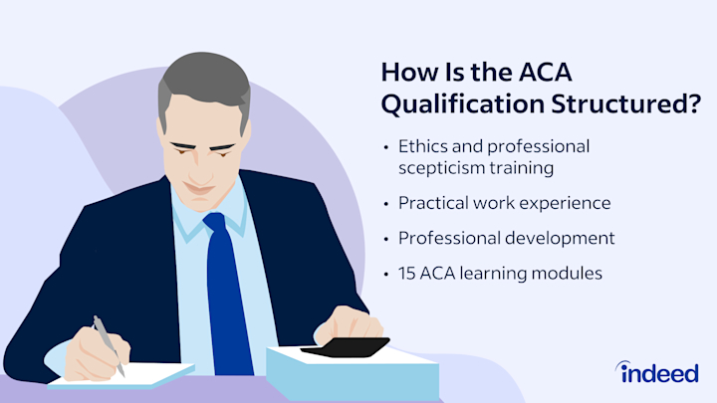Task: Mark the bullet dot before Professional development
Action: pos(386,239)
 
